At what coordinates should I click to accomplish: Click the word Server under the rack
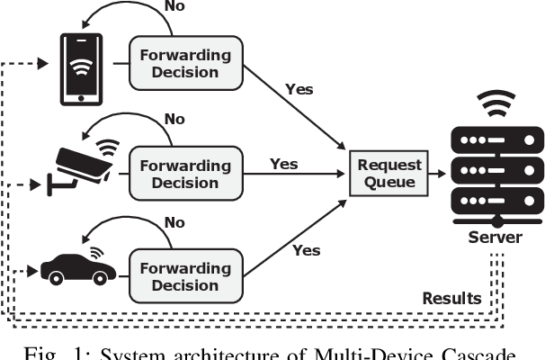pyautogui.click(x=495, y=236)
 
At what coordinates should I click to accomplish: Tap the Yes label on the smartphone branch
pyautogui.click(x=298, y=90)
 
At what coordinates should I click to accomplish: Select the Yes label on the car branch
pyautogui.click(x=307, y=250)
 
